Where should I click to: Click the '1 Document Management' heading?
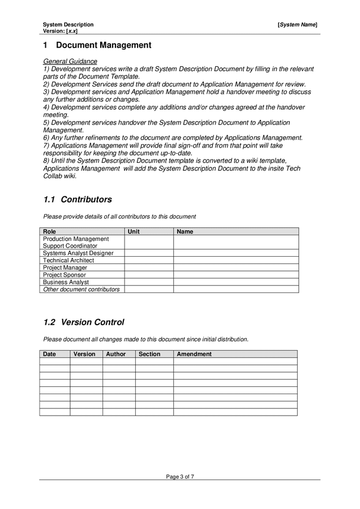point(97,45)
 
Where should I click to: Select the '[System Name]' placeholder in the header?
point(297,25)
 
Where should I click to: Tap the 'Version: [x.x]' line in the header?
point(60,31)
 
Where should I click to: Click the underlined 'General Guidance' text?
point(70,61)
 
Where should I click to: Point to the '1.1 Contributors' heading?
point(78,200)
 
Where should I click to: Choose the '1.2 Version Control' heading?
point(84,322)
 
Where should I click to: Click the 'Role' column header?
point(50,231)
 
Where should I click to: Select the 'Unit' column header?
point(134,231)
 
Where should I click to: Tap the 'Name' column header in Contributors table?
point(185,231)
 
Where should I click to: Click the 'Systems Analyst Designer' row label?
point(78,253)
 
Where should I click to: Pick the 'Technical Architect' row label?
point(68,261)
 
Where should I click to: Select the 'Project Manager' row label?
point(65,268)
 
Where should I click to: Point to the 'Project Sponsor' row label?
point(65,275)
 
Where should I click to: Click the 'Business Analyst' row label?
point(66,282)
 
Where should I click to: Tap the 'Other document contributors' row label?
point(82,289)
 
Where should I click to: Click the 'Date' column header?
point(49,354)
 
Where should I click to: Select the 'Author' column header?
point(116,354)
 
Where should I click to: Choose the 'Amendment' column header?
point(194,354)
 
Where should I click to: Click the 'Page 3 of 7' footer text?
point(180,477)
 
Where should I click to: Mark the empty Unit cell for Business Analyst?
point(148,282)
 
